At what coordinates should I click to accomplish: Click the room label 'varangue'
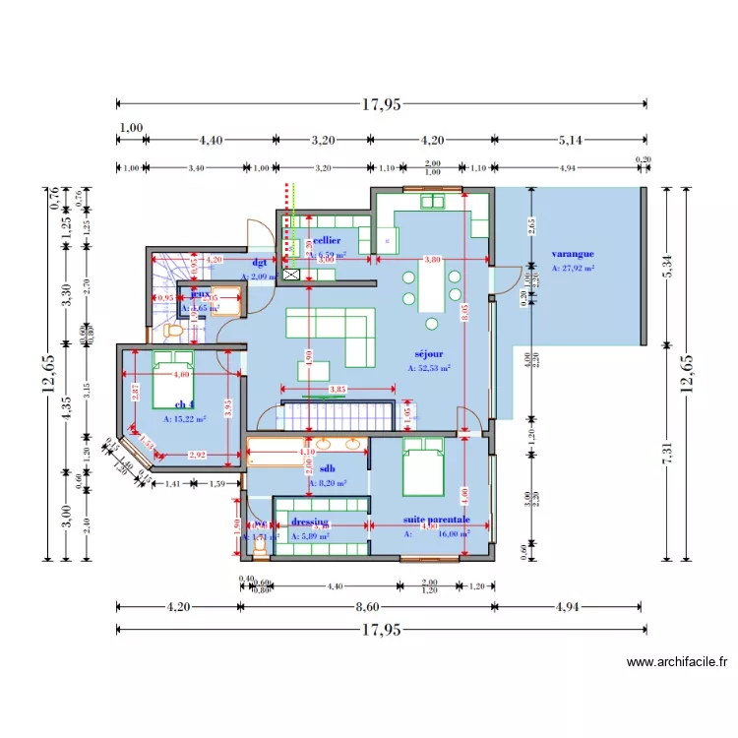572,254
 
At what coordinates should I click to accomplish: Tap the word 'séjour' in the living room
429,353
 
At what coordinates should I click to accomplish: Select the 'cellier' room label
327,240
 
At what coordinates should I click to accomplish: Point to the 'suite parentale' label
436,520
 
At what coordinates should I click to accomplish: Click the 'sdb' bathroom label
328,469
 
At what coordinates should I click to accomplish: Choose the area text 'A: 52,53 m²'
429,369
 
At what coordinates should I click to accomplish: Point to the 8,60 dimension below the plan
368,607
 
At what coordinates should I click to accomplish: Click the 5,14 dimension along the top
570,141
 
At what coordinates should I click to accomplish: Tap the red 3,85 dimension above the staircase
337,390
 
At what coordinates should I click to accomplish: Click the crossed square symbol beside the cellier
291,277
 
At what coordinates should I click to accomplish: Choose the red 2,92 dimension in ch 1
198,455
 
